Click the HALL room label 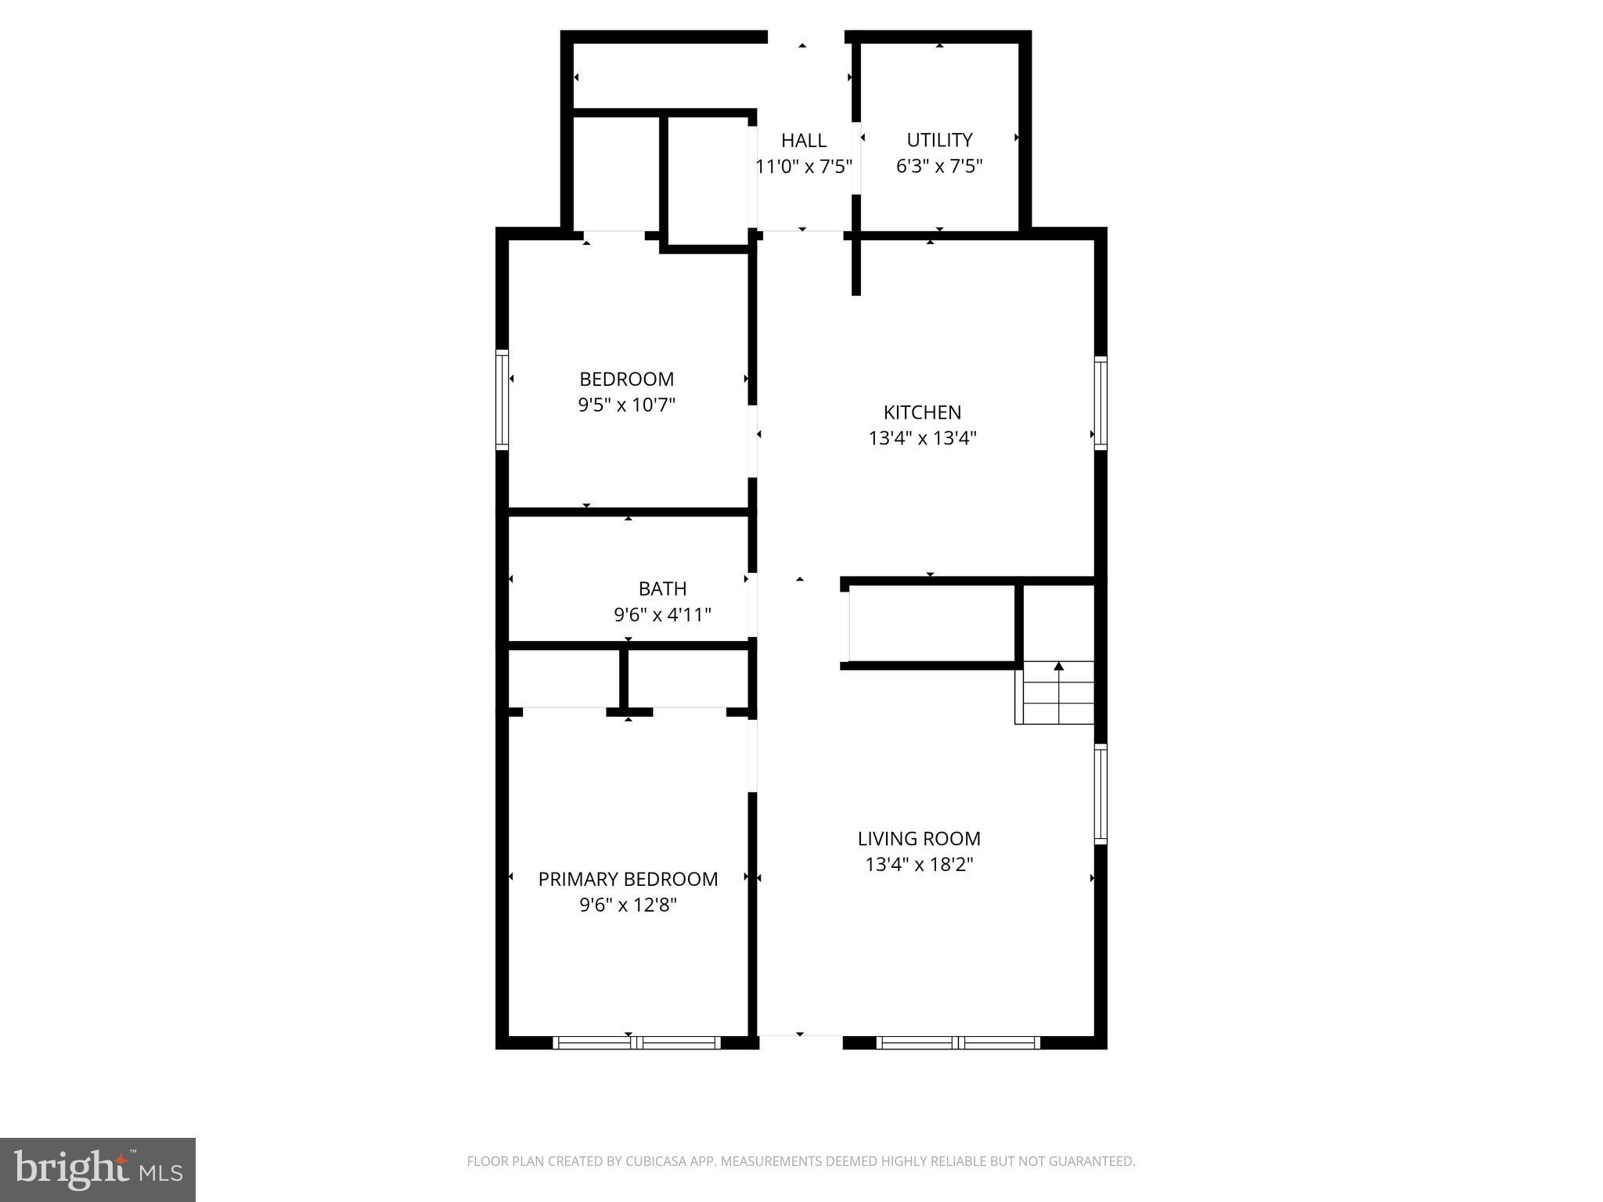click(804, 141)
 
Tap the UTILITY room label click(939, 140)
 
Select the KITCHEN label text click(922, 412)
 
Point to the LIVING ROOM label click(919, 839)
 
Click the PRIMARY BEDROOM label click(628, 880)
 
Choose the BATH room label click(662, 589)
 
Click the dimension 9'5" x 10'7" click(626, 405)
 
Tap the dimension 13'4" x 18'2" click(919, 865)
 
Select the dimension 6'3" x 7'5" click(939, 166)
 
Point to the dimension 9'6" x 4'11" click(662, 615)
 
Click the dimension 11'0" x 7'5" click(804, 167)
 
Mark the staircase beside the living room click(1056, 693)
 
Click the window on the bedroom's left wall click(503, 399)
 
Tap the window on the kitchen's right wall click(1100, 402)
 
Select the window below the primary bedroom click(636, 1042)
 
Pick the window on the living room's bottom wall click(958, 1042)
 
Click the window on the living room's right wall click(1100, 794)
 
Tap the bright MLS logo click(98, 1170)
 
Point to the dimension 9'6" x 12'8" click(628, 905)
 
